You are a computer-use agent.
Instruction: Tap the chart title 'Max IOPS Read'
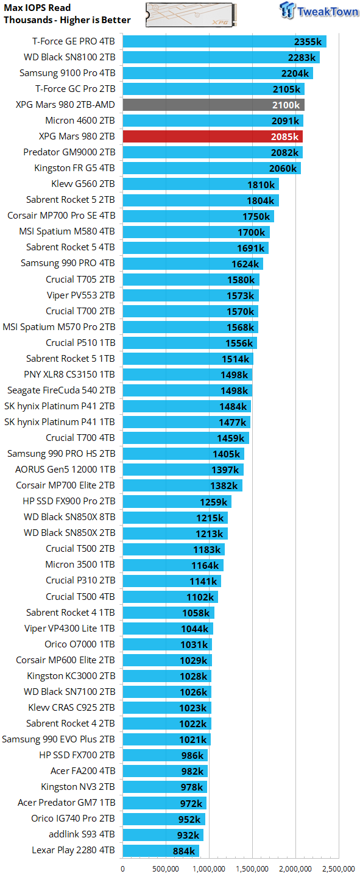click(37, 8)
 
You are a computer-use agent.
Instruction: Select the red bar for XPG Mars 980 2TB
click(213, 136)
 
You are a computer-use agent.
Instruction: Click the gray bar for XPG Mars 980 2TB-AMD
click(213, 105)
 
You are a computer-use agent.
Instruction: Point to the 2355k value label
click(308, 41)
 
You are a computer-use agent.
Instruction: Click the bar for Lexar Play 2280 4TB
click(161, 850)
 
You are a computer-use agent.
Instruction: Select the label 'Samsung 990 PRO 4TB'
click(68, 263)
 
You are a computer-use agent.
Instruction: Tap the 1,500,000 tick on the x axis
click(252, 869)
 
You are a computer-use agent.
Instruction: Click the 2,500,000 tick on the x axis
click(339, 869)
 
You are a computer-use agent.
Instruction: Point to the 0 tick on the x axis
click(123, 869)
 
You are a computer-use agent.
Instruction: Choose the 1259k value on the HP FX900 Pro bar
click(213, 502)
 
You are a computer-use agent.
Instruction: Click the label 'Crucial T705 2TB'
click(80, 279)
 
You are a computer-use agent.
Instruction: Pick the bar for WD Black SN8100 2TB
click(221, 57)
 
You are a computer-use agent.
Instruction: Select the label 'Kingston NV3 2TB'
click(78, 787)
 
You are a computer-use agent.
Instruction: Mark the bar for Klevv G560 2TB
click(200, 184)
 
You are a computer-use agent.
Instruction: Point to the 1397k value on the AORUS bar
click(225, 470)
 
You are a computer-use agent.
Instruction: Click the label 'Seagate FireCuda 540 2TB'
click(61, 390)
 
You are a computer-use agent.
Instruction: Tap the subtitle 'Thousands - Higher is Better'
click(67, 20)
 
